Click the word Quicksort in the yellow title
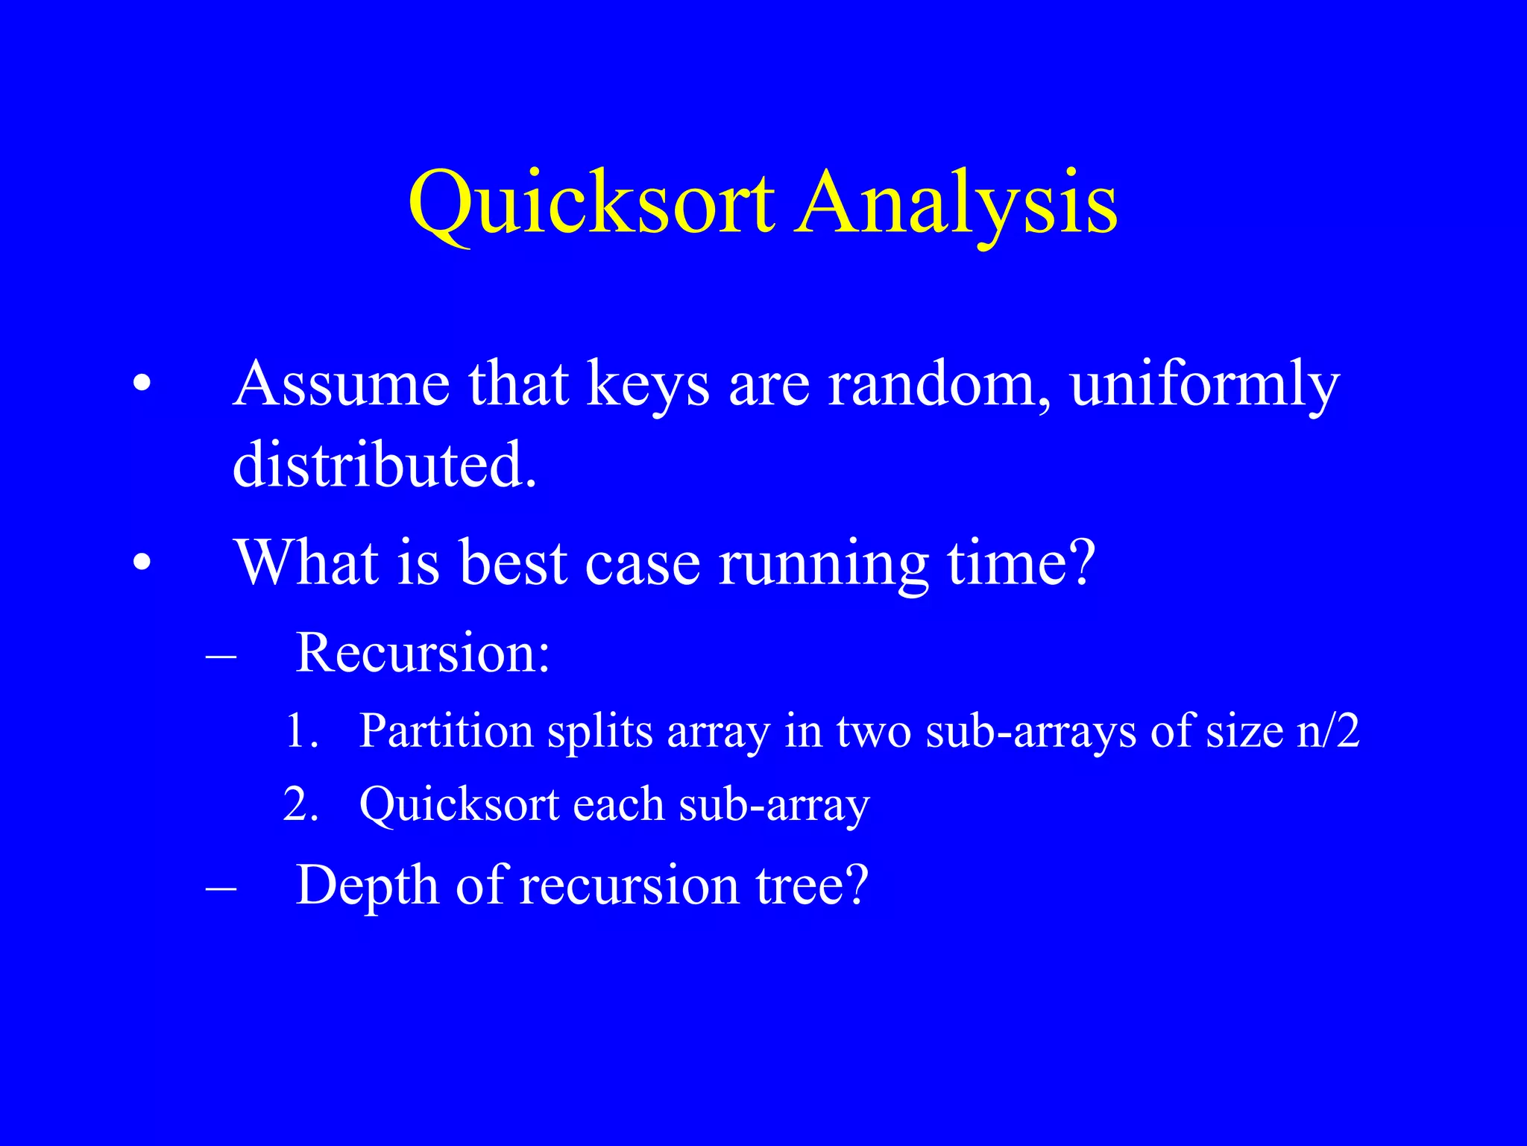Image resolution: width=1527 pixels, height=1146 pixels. [x=591, y=203]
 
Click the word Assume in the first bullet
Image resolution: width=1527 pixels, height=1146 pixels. [x=341, y=385]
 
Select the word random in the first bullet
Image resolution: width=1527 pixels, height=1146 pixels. [x=939, y=385]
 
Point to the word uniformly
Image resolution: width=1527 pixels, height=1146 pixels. [x=1204, y=385]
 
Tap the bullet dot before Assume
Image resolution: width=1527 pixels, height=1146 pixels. [x=142, y=385]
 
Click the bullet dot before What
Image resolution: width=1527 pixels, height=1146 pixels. [x=142, y=563]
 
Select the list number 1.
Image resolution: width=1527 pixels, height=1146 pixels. [x=302, y=731]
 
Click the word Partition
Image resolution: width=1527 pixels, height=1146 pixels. [x=446, y=731]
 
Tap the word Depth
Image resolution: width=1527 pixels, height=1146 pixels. [x=367, y=886]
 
